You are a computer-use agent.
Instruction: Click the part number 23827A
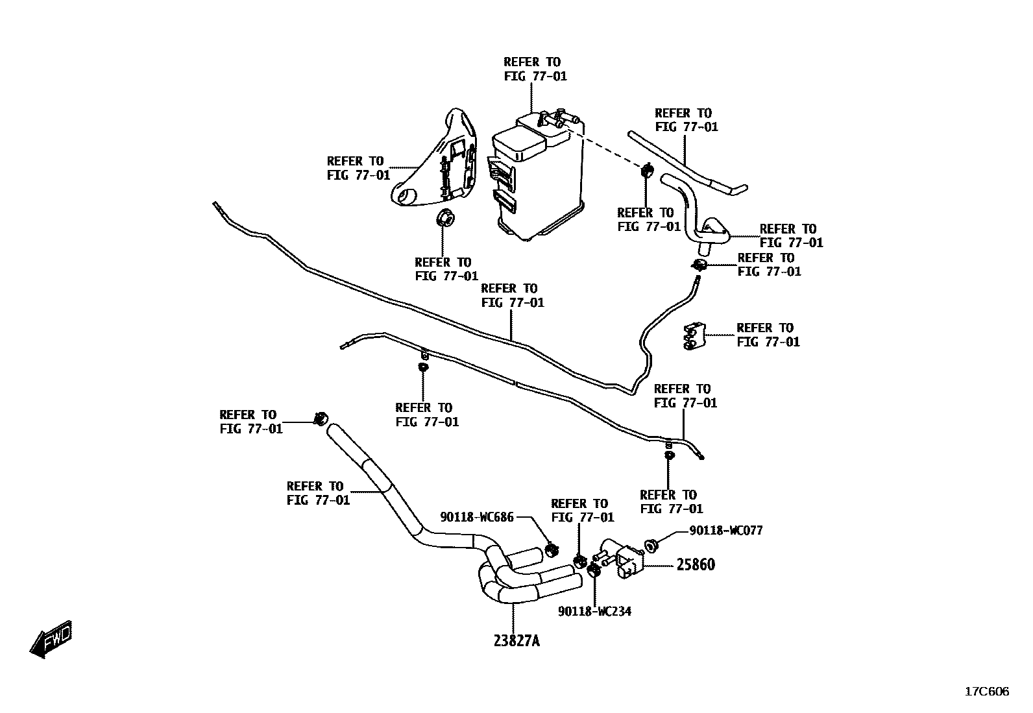point(516,641)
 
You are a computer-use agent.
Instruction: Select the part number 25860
point(696,564)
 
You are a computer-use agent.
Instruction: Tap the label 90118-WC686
point(477,517)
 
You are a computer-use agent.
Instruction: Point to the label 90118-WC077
point(726,531)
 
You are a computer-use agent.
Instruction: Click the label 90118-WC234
point(595,611)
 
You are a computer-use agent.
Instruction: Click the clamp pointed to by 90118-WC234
point(593,571)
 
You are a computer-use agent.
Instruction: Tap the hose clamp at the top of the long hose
point(321,418)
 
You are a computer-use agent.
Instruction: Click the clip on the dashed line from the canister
point(647,172)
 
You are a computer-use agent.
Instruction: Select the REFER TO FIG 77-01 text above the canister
point(535,69)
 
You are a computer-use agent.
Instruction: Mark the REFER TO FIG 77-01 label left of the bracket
point(358,168)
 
